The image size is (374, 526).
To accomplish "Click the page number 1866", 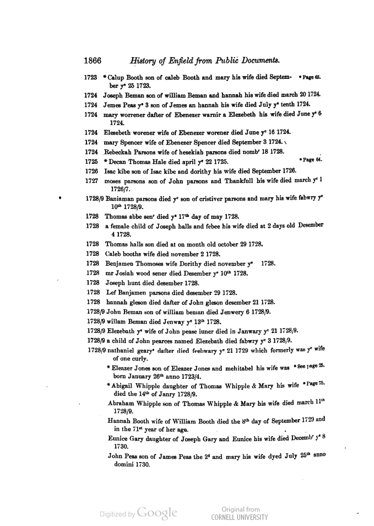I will tap(94, 61).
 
